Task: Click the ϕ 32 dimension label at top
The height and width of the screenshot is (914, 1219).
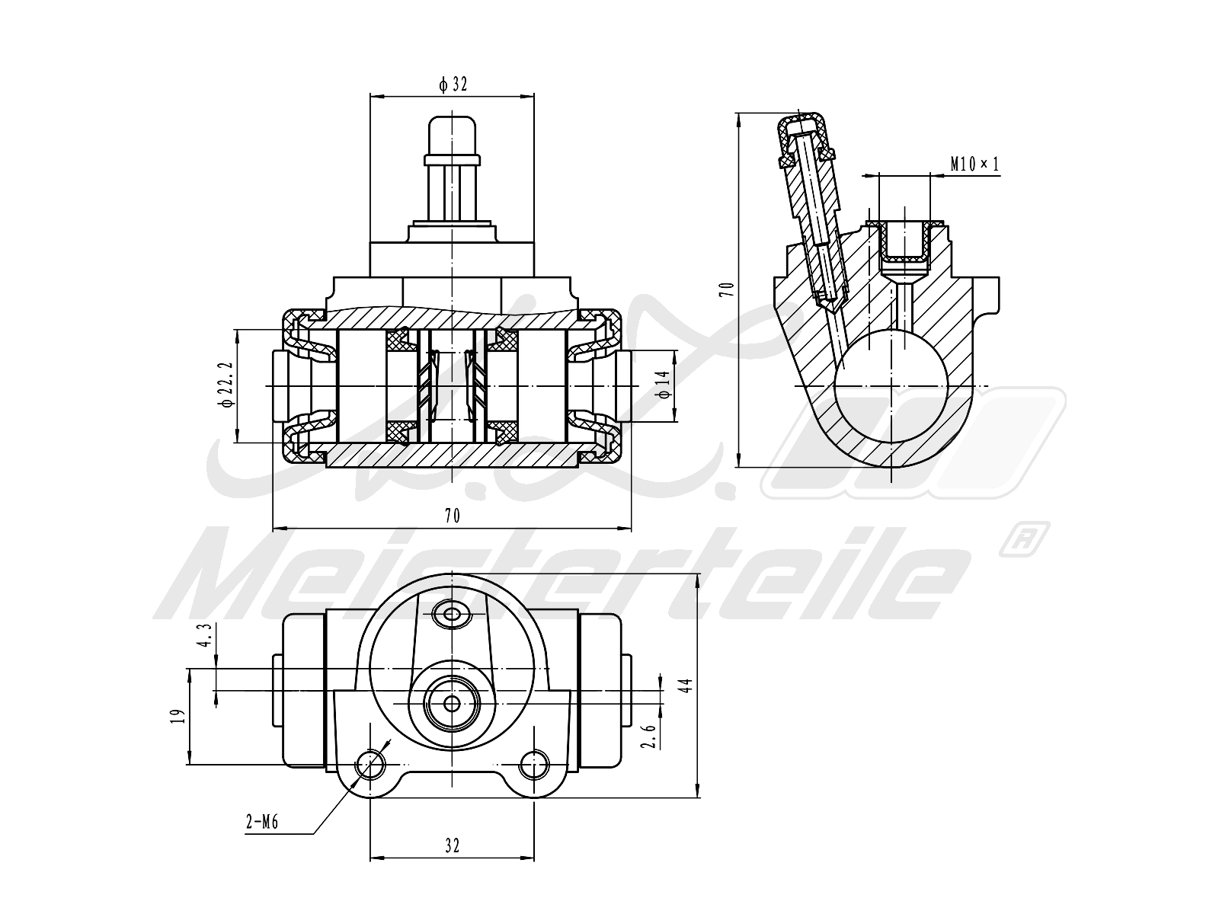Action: point(453,85)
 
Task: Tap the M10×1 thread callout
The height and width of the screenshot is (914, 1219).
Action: point(974,164)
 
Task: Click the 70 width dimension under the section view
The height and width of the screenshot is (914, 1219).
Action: point(453,516)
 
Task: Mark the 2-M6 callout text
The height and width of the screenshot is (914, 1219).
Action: point(261,822)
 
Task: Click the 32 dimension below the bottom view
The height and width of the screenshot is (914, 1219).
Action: point(453,845)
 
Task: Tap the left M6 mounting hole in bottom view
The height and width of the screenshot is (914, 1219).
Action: point(371,763)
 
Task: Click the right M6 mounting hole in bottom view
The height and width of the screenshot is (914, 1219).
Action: point(535,763)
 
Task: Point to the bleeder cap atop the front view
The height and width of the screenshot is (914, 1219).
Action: point(453,136)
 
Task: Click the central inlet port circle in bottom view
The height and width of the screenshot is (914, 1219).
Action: point(453,702)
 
